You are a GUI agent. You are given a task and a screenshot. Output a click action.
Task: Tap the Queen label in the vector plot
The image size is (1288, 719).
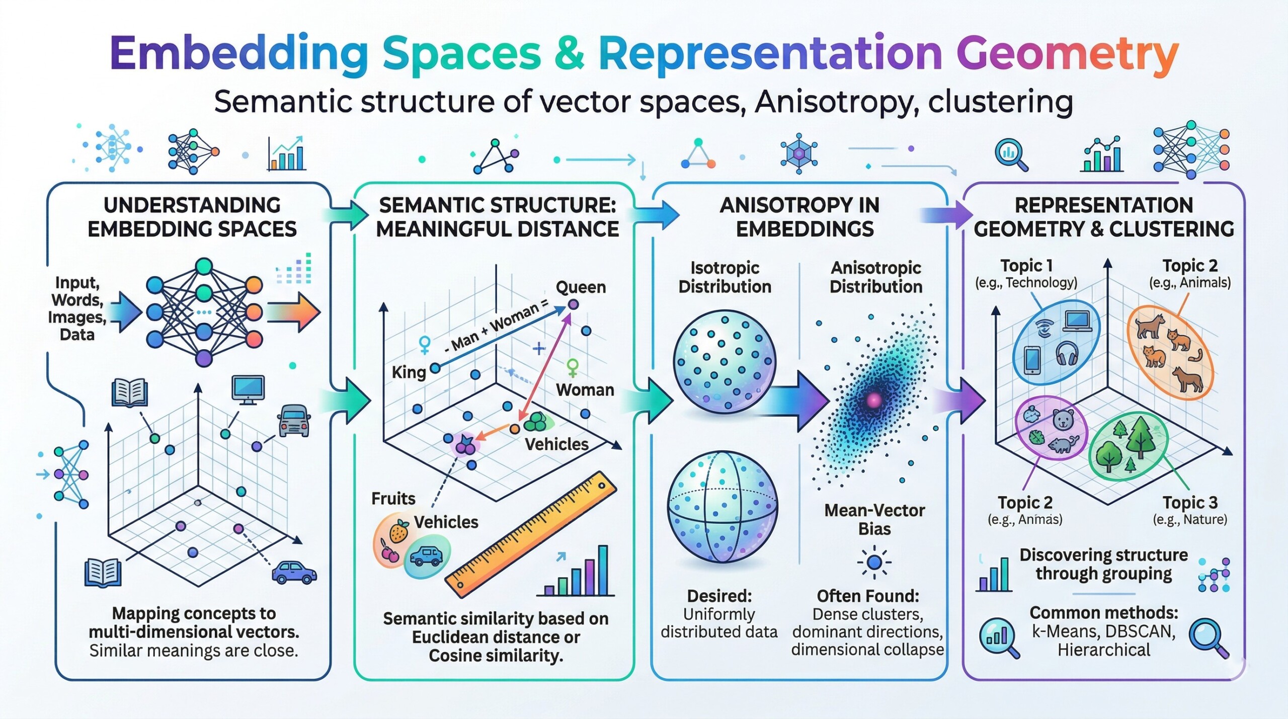(581, 287)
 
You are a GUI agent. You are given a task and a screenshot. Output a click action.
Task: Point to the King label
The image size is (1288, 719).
(409, 372)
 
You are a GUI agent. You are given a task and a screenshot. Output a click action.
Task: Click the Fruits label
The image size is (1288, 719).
(393, 498)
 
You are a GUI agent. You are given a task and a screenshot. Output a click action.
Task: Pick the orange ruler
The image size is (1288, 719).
(531, 535)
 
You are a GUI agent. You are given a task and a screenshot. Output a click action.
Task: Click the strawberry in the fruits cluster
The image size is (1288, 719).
(398, 531)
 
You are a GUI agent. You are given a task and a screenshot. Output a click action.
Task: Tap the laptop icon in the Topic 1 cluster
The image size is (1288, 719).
(1076, 321)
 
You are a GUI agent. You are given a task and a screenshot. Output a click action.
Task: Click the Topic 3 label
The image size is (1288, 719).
(1190, 502)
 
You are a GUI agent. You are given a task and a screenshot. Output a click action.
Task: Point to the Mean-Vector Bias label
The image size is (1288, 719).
(874, 519)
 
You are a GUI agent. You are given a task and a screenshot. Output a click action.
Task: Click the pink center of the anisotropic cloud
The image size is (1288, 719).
(874, 400)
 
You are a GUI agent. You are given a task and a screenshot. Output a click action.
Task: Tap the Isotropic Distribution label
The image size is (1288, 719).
(725, 277)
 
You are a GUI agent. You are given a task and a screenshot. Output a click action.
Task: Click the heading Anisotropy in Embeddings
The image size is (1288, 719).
(799, 217)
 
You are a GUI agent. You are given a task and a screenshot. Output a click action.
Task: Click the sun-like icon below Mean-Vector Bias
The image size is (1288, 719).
(874, 562)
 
